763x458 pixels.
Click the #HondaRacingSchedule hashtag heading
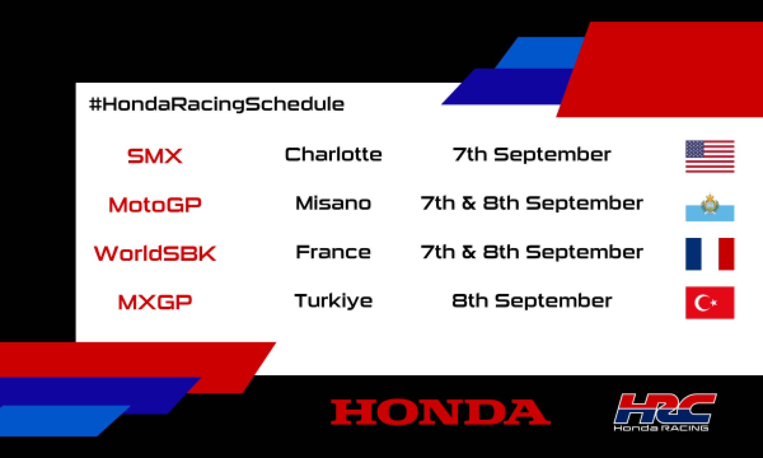[216, 104]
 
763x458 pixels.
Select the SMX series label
[155, 156]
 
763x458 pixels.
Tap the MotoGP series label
[155, 205]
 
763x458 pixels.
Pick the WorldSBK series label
[155, 253]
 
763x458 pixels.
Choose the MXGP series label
[155, 302]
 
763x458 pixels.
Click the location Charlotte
[333, 155]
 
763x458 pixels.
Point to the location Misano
[333, 203]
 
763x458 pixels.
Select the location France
[333, 252]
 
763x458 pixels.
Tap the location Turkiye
[333, 301]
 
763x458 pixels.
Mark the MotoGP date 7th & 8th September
[532, 203]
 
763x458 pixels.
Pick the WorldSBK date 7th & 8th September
[532, 252]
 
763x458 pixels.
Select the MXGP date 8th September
[532, 301]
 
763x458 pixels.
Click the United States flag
[710, 156]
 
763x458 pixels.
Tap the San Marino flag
[710, 207]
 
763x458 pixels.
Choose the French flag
[710, 254]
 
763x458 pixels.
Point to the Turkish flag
[710, 303]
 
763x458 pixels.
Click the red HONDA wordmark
[440, 412]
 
